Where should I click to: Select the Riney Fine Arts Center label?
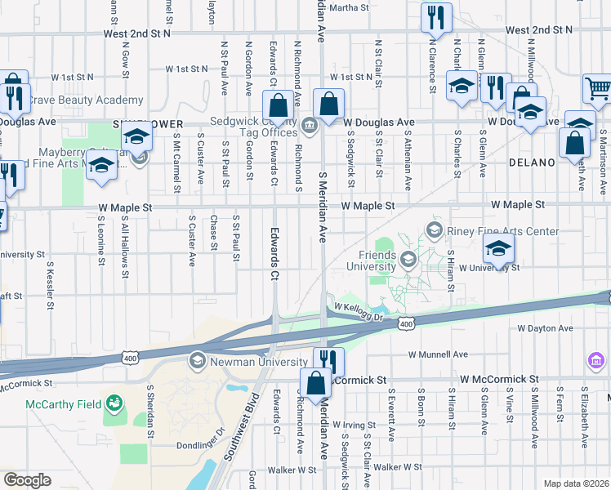click(502, 231)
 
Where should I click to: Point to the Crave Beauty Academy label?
click(86, 100)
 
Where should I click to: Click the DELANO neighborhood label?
click(531, 163)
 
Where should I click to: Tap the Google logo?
click(27, 480)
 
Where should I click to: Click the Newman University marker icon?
click(197, 360)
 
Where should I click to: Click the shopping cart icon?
click(598, 89)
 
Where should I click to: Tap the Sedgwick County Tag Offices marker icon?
click(310, 125)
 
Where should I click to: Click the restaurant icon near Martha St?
click(436, 16)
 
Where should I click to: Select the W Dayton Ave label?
click(545, 328)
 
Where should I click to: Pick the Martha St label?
click(350, 8)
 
